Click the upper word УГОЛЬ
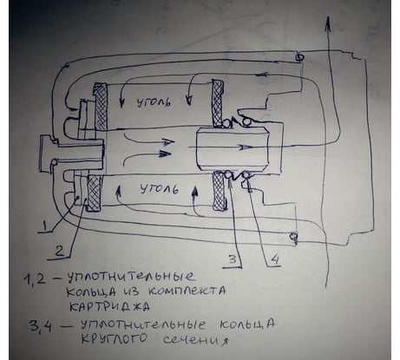click(153, 102)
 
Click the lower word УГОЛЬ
click(159, 189)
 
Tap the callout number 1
click(44, 226)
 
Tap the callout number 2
click(60, 251)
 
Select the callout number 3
click(233, 259)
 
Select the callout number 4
click(274, 259)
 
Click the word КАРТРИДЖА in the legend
click(109, 306)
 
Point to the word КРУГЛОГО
click(114, 338)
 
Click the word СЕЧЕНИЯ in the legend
click(194, 340)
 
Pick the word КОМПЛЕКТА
click(187, 291)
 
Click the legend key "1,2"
click(35, 280)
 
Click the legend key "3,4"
click(40, 326)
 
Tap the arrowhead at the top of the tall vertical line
click(328, 23)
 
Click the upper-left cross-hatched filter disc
click(102, 107)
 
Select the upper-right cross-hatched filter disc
click(218, 103)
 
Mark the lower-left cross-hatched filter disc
click(95, 193)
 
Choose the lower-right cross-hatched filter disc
click(219, 190)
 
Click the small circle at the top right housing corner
click(299, 58)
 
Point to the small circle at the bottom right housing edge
click(293, 236)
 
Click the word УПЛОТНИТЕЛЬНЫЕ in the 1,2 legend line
click(131, 278)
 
